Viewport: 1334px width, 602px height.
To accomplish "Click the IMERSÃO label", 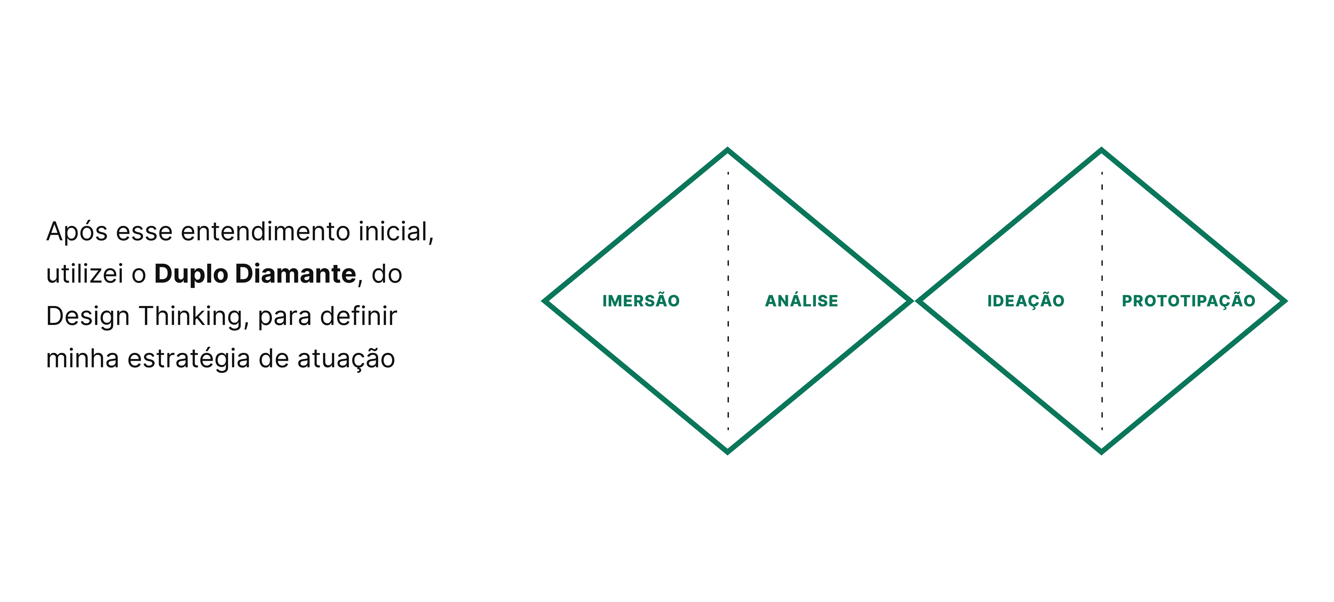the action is [x=641, y=301].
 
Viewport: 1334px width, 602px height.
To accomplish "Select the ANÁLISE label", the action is [x=801, y=301].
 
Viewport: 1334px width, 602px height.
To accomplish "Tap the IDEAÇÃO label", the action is [x=1026, y=301].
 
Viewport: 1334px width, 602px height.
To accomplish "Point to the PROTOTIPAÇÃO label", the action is [x=1188, y=301].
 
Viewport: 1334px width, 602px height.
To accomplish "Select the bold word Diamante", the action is [x=295, y=273].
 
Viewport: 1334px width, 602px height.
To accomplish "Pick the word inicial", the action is [x=396, y=231].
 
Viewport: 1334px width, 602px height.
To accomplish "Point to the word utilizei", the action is [x=84, y=273].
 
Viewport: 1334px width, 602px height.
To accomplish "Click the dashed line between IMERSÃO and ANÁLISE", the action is [x=728, y=238].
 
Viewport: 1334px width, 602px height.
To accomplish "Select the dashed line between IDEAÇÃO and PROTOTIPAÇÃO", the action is [x=1102, y=238].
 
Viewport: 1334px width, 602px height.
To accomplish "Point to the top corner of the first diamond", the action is [x=727, y=151].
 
